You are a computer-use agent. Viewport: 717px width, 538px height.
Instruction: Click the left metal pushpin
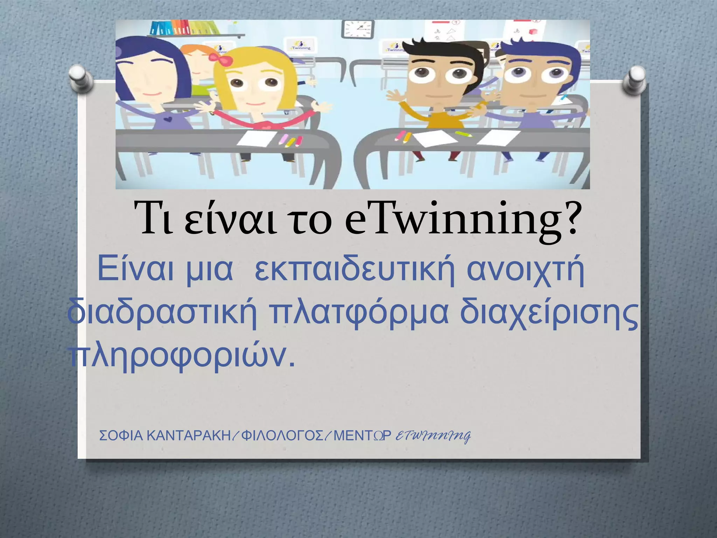81,78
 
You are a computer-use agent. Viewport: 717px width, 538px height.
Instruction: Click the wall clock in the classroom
357,29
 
